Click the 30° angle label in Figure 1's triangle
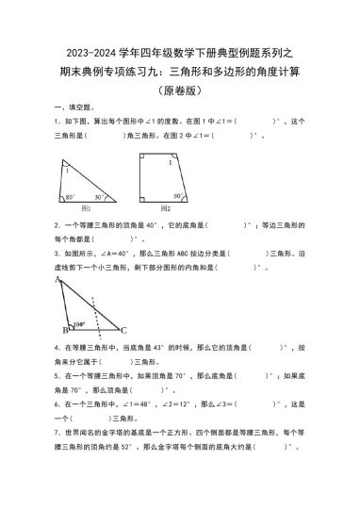coord(99,197)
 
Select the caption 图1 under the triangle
coord(87,208)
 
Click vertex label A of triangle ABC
coord(59,280)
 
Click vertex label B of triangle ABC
coord(64,331)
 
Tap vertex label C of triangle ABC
coord(123,330)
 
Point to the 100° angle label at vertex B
coord(79,323)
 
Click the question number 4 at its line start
coord(57,347)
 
